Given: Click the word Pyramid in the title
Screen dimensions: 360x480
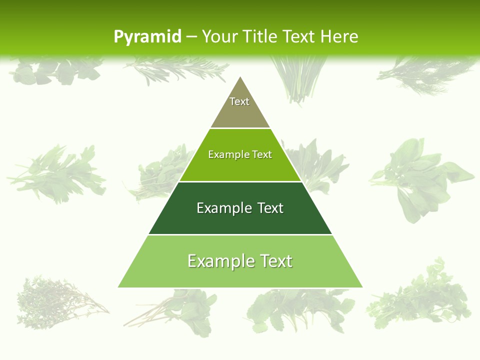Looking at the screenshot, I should pyautogui.click(x=147, y=37).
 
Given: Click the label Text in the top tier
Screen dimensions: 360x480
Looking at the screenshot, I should pyautogui.click(x=239, y=101).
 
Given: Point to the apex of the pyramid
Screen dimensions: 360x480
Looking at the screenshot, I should pyautogui.click(x=240, y=77).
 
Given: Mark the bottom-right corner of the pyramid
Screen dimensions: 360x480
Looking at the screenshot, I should pyautogui.click(x=361, y=286).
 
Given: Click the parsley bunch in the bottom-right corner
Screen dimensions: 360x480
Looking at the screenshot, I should pyautogui.click(x=420, y=295).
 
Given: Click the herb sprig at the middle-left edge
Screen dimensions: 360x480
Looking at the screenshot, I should pyautogui.click(x=57, y=172).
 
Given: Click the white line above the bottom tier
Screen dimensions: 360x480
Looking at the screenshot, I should pyautogui.click(x=240, y=234).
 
